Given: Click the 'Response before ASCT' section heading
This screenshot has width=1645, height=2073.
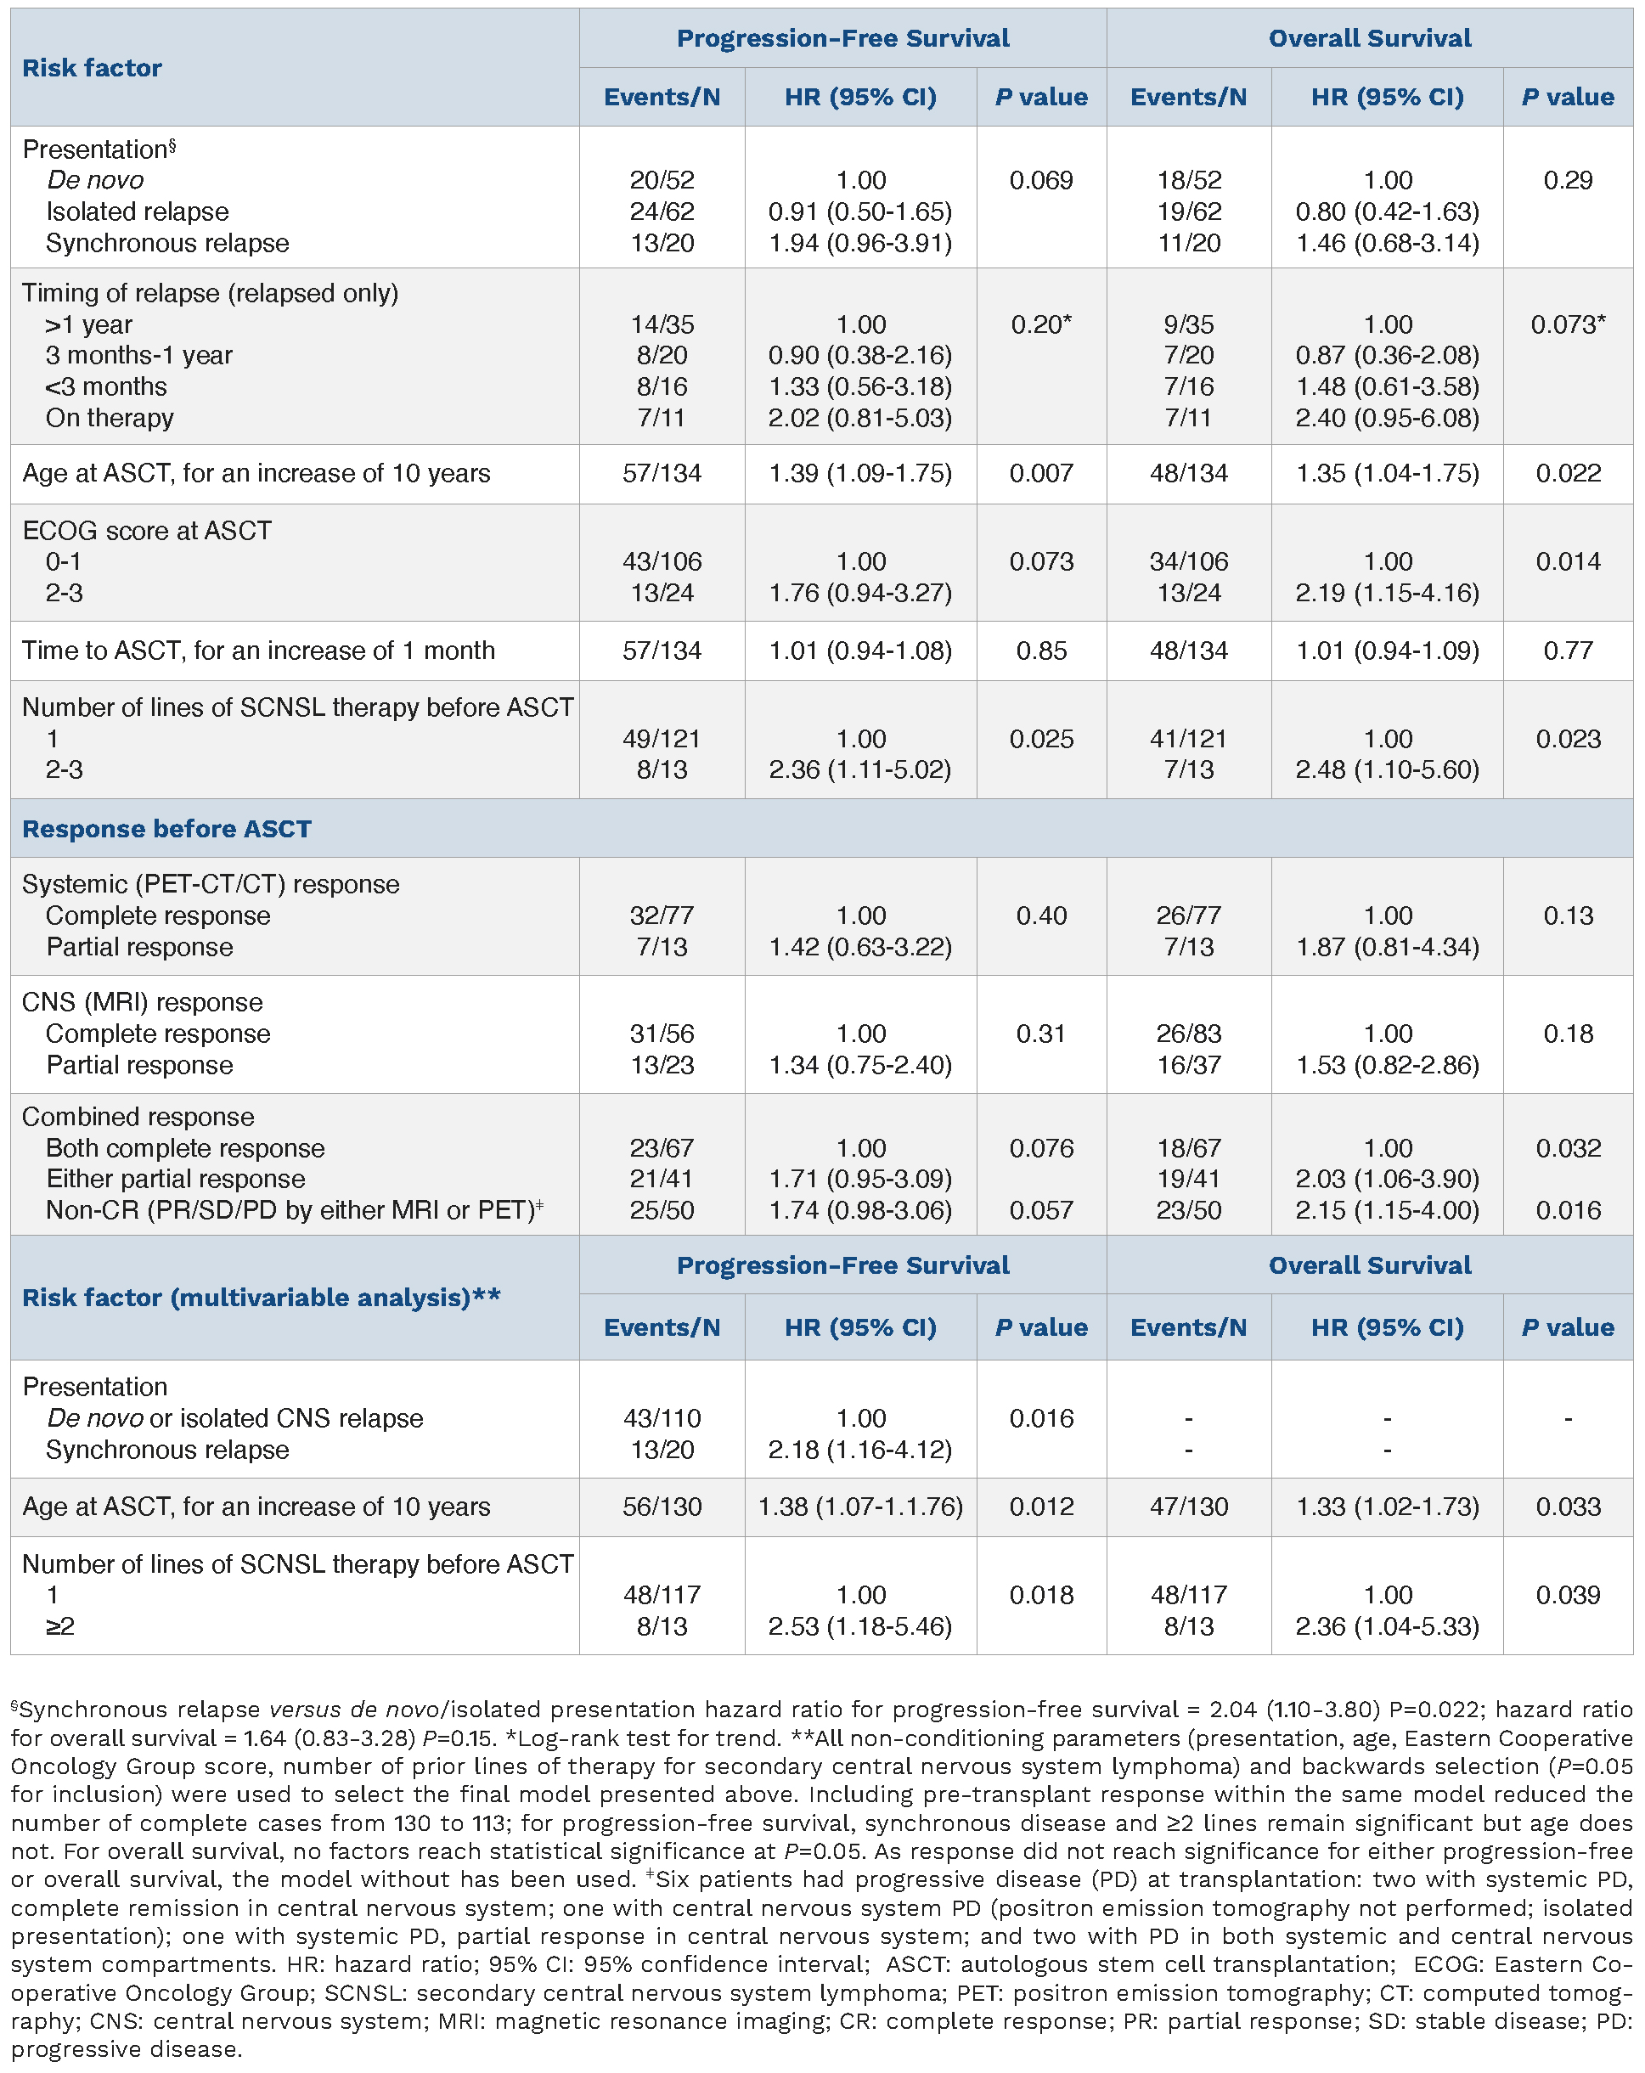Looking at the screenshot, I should click(x=166, y=829).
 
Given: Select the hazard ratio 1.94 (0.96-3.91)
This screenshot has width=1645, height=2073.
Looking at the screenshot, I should click(x=859, y=243).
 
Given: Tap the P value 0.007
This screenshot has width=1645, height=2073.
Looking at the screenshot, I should click(x=1041, y=473).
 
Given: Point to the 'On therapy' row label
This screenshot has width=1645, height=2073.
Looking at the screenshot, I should click(x=110, y=419).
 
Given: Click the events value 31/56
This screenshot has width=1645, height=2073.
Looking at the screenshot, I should click(x=662, y=1034).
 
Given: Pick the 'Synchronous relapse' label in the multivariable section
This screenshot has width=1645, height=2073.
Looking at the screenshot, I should click(x=167, y=1450).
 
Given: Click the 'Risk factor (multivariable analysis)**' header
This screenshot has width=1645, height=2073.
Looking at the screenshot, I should click(x=262, y=1298).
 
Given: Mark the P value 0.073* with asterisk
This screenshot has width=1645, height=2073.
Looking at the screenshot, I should click(x=1567, y=325).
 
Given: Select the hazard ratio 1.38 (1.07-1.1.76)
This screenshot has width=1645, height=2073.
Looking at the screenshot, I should click(x=859, y=1507).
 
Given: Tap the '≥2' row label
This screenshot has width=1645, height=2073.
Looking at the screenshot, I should click(x=59, y=1627).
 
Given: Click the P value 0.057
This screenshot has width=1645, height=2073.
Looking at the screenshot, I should click(x=1041, y=1210).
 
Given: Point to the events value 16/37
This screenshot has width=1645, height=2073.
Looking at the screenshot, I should click(x=1188, y=1065).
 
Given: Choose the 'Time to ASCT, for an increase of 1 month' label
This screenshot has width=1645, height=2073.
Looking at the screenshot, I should click(x=257, y=651).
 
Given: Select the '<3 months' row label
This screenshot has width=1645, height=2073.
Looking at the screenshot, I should click(x=106, y=386).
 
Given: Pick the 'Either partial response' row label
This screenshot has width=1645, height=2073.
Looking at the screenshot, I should click(x=175, y=1179).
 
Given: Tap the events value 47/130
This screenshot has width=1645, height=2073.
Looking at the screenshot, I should click(x=1188, y=1507).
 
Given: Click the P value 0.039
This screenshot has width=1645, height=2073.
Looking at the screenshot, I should click(x=1567, y=1595).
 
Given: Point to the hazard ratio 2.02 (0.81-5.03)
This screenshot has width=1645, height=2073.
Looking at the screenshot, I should click(x=859, y=419).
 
